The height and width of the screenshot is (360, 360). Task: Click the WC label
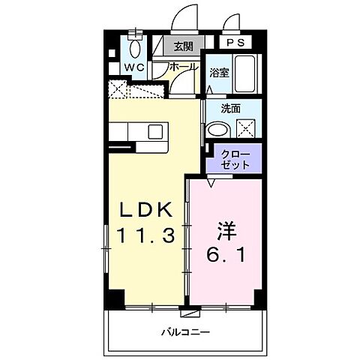tap(134, 67)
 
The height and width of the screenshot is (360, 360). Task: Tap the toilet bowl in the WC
tap(135, 48)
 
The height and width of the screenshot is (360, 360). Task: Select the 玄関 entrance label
tap(183, 46)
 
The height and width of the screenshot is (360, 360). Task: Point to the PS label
tap(234, 43)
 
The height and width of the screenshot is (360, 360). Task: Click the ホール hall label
tap(184, 67)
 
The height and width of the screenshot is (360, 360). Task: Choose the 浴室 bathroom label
tap(220, 73)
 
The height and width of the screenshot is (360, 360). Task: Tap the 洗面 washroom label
tap(230, 109)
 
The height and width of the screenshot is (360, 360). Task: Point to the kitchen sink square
tap(155, 132)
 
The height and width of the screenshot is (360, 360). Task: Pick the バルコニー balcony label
tap(184, 331)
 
